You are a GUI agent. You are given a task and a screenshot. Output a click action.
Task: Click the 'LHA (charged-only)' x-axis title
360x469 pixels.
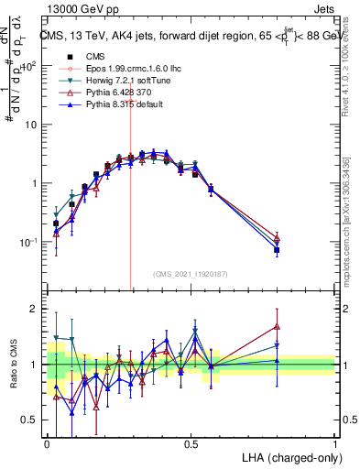tap(287, 456)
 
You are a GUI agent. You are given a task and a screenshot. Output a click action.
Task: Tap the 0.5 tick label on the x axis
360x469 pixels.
tap(191, 443)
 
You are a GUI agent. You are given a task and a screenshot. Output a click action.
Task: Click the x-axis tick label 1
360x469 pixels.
tap(335, 443)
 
